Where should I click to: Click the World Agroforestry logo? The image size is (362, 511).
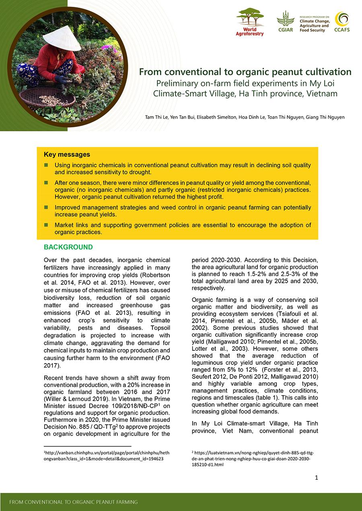point(250,22)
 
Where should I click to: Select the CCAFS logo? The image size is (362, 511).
point(341,22)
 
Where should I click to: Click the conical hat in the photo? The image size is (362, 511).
point(62,38)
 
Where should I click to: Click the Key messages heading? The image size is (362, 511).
point(67,155)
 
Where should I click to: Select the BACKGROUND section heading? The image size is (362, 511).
point(68,247)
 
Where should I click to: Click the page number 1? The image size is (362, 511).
point(317,478)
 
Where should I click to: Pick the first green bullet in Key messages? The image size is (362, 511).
point(46,165)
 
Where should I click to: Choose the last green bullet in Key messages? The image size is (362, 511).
point(46,225)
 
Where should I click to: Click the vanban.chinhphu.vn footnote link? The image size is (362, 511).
point(107,455)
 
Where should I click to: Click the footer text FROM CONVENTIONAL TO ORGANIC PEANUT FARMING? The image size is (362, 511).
point(73,502)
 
